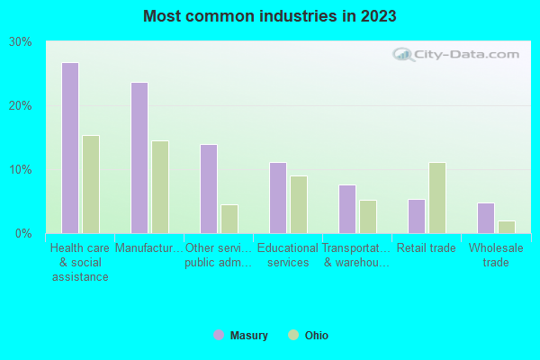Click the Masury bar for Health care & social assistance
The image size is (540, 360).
pos(70,148)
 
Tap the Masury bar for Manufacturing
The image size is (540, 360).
pos(139,157)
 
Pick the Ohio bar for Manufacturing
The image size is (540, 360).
pos(160,187)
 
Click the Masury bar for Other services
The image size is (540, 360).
pos(209,189)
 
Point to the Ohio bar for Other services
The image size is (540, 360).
pos(229,219)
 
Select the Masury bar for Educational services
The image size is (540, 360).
pos(278,198)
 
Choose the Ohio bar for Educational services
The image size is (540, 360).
pos(299,204)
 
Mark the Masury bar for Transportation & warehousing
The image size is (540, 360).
pos(347,209)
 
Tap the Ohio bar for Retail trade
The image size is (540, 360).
pos(437,198)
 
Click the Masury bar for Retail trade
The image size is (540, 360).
pos(417,216)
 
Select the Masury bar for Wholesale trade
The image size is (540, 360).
pos(486,218)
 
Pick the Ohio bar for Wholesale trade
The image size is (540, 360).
pos(507,227)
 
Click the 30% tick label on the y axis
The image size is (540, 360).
pos(21,42)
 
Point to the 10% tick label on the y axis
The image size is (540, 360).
pos(21,170)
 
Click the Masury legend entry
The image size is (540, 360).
pos(241,336)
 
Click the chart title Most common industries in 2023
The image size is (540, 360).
pos(269,16)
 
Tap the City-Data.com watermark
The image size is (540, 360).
pos(458,54)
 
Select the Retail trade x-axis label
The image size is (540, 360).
pos(426,247)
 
